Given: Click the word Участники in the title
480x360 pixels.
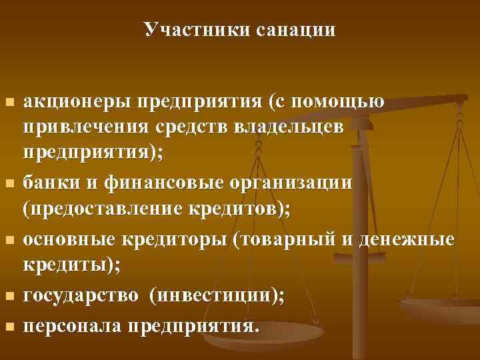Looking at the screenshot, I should (x=194, y=30).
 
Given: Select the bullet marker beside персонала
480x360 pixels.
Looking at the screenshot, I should (x=9, y=327).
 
